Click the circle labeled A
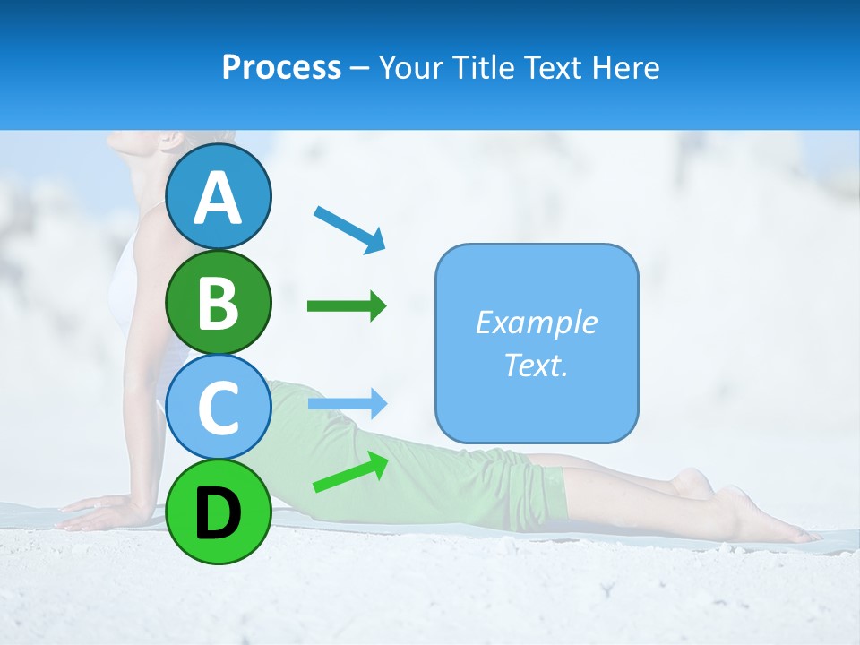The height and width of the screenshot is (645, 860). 218,196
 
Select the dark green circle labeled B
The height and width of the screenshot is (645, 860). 218,303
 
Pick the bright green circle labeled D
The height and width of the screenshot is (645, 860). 218,512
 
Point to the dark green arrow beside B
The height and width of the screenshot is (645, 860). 347,307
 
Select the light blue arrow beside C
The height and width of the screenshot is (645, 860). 347,404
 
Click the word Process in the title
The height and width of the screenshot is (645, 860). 281,68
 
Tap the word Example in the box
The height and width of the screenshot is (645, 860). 536,322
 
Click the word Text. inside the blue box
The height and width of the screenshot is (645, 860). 536,365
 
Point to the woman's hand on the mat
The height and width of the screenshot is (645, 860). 94,515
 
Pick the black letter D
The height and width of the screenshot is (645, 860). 218,512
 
